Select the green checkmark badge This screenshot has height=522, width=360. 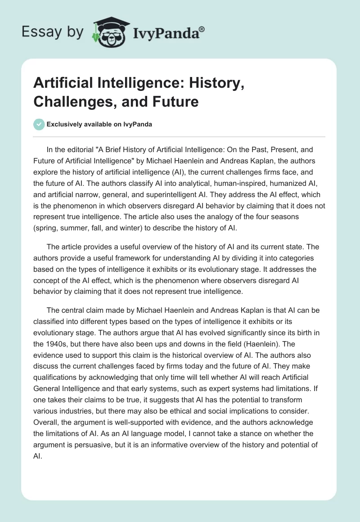coord(39,124)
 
